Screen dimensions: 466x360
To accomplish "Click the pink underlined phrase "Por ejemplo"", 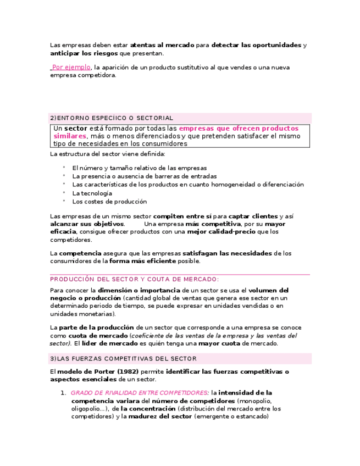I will (71, 68).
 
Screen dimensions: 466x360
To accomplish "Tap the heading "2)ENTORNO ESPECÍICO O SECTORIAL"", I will (112, 118).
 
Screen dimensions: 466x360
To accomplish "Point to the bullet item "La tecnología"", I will (92, 193).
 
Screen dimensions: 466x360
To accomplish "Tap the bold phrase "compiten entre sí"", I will (182, 217).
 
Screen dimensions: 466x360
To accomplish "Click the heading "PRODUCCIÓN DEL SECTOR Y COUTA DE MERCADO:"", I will (134, 279).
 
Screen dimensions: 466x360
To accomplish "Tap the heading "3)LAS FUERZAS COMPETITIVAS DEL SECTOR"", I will (123, 359).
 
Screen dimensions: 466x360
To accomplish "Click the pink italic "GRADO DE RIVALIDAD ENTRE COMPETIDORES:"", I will (140, 393).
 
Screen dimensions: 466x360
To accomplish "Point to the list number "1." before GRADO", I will (63, 393).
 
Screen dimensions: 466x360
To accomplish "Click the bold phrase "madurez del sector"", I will (160, 417).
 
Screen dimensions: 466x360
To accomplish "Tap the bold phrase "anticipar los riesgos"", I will (84, 54).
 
